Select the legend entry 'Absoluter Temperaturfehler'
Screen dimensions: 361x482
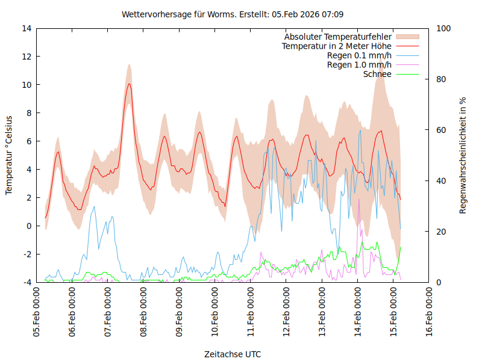coord(338,37)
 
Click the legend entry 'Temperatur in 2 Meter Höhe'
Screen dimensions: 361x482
coord(337,46)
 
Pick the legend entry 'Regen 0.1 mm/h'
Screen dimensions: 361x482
coord(359,55)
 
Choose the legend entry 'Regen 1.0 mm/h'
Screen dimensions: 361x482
coord(359,65)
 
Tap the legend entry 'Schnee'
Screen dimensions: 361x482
coord(378,74)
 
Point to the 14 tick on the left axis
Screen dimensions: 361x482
coord(26,28)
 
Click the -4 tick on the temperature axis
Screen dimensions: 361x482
coord(27,282)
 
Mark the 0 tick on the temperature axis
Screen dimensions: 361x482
coord(29,226)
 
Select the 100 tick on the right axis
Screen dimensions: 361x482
coord(443,28)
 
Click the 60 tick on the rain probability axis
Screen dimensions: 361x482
coord(441,130)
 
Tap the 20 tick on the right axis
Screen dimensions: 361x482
coord(441,232)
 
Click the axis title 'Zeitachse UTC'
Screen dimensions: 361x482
coord(233,354)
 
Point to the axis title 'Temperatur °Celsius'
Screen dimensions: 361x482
coord(9,155)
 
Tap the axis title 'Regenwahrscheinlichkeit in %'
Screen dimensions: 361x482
coord(463,155)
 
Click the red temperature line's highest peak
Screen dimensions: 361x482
coord(128,84)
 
